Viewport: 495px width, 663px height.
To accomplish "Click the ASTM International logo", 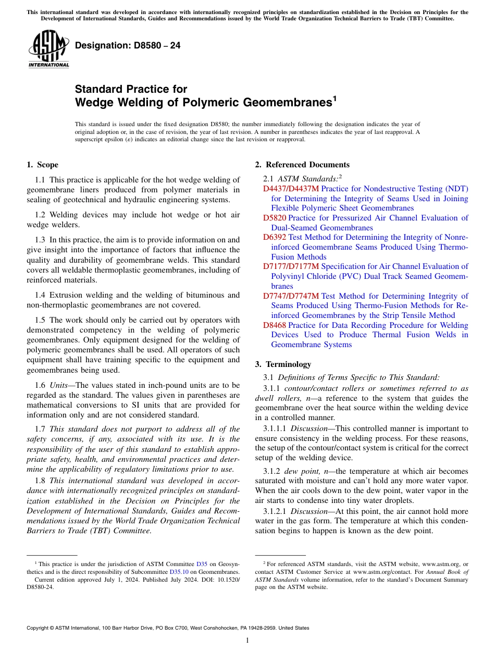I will coord(48,50).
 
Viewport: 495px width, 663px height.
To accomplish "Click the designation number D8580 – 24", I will coord(128,46).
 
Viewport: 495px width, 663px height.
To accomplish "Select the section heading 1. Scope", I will coord(42,165).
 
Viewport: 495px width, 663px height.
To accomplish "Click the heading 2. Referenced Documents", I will coord(302,165).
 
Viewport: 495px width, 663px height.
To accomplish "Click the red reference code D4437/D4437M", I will coord(291,189).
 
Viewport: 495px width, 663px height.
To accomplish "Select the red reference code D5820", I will coord(275,218).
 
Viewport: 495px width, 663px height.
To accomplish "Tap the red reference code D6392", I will coord(275,237).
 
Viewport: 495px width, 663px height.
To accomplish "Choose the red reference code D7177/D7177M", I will coord(291,266).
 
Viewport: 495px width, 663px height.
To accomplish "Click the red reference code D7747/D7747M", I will coord(291,296).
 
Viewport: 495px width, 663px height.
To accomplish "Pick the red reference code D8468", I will coord(275,325).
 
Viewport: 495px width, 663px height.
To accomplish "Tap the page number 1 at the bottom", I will coord(247,640).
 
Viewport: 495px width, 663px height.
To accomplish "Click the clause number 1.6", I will coord(40,385).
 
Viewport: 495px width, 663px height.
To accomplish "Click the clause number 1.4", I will coord(40,295).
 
